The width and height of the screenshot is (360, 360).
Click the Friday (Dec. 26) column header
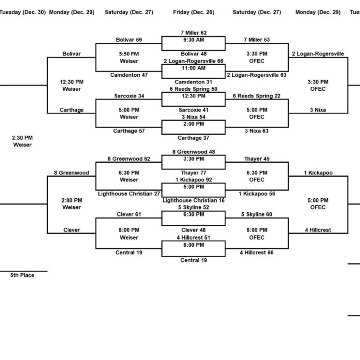tap(193, 12)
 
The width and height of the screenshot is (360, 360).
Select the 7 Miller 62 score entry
tap(193, 33)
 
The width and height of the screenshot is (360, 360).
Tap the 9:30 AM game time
tap(193, 40)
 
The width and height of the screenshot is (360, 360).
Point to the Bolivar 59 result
tap(129, 40)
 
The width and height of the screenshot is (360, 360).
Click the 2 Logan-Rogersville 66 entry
tap(193, 61)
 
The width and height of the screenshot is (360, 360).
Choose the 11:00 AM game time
tap(193, 69)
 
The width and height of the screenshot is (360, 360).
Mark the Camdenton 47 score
tap(129, 75)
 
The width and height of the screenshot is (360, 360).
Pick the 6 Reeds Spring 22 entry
tap(257, 96)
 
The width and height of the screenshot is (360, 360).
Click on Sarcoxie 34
tap(129, 96)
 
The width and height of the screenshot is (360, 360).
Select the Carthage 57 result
tap(129, 131)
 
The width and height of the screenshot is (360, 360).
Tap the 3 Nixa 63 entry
tap(257, 131)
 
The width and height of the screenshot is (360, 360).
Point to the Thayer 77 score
tap(193, 173)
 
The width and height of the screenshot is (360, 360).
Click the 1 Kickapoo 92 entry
tap(193, 180)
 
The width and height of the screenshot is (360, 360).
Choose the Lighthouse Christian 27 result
tap(129, 194)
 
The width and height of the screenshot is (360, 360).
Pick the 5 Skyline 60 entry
tap(257, 215)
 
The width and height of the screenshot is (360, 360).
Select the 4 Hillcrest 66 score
tap(257, 252)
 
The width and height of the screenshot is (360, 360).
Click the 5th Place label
tap(23, 276)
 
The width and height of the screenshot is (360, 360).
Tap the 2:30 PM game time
tap(23, 138)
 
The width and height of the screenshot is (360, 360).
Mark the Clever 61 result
tap(129, 215)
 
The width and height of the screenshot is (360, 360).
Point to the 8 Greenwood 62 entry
tap(129, 158)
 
